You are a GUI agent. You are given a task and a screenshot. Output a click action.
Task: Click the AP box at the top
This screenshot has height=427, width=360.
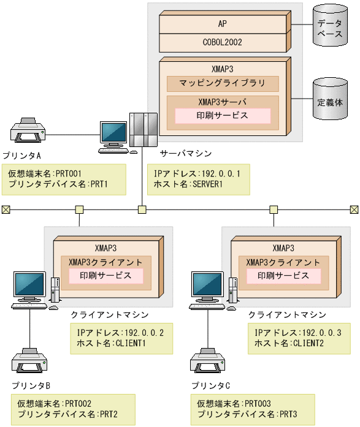click(x=222, y=24)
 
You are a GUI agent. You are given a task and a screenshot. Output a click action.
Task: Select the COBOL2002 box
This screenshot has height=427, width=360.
click(x=222, y=42)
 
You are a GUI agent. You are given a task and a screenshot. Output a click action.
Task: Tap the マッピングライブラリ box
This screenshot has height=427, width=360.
click(x=223, y=83)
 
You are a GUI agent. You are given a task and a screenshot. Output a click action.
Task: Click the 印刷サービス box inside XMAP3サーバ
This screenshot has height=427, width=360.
click(x=223, y=115)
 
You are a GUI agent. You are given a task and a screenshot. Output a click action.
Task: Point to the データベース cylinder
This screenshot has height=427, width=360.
click(x=329, y=27)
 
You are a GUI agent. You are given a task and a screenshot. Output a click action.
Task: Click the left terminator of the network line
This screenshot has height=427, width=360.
click(x=6, y=210)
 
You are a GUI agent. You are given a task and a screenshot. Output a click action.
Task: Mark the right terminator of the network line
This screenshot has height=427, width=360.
click(x=354, y=210)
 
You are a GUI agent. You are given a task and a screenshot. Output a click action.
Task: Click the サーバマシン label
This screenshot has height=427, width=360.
click(x=182, y=151)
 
